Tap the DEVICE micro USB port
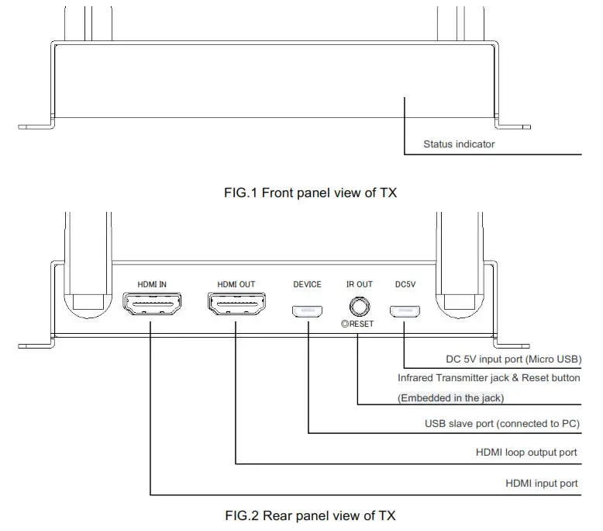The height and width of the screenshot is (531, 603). tap(308, 311)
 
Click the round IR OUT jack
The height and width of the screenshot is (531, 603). tap(358, 307)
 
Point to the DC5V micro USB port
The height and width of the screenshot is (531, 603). tap(405, 311)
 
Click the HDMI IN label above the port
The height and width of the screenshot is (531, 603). tap(152, 284)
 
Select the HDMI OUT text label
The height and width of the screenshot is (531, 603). tap(236, 284)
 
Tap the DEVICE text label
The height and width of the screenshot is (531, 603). tap(307, 284)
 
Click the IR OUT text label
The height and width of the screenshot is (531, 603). tap(359, 284)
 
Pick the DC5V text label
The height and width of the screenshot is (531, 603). tap(405, 284)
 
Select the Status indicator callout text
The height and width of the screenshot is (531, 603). tap(459, 144)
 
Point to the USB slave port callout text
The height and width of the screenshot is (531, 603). tap(502, 424)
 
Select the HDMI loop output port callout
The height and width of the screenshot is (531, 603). tap(526, 452)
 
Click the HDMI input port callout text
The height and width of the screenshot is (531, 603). tap(541, 483)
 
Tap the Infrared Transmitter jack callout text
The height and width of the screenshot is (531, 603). tap(488, 378)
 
